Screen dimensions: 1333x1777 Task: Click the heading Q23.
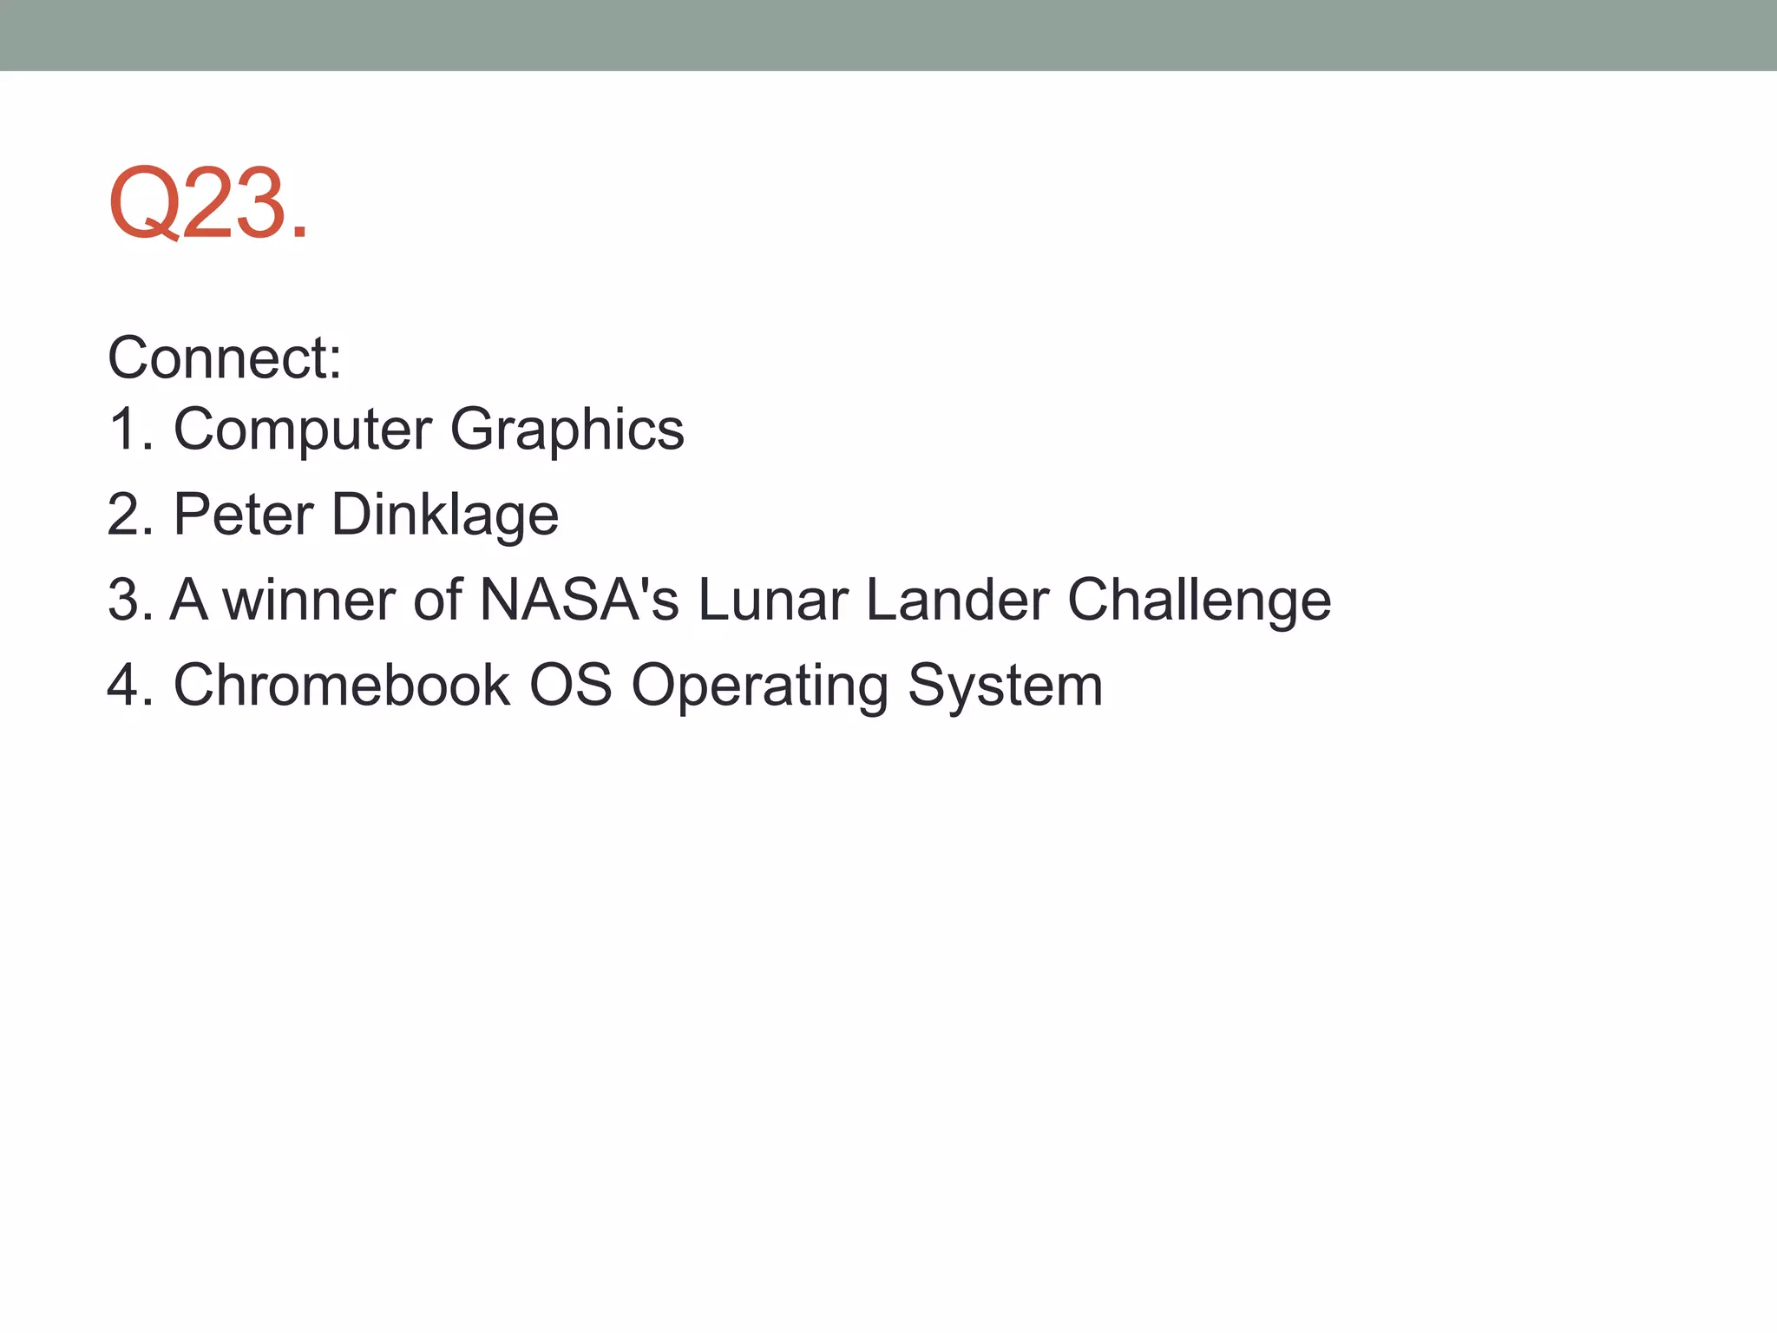point(208,204)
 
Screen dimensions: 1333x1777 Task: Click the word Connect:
point(225,358)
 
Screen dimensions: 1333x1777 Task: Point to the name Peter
point(243,514)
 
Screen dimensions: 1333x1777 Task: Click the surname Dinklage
point(445,514)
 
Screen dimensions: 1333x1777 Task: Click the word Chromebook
point(342,685)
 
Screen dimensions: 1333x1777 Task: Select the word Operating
point(760,685)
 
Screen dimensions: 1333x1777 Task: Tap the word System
point(1005,685)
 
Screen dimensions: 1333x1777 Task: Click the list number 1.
point(128,429)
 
